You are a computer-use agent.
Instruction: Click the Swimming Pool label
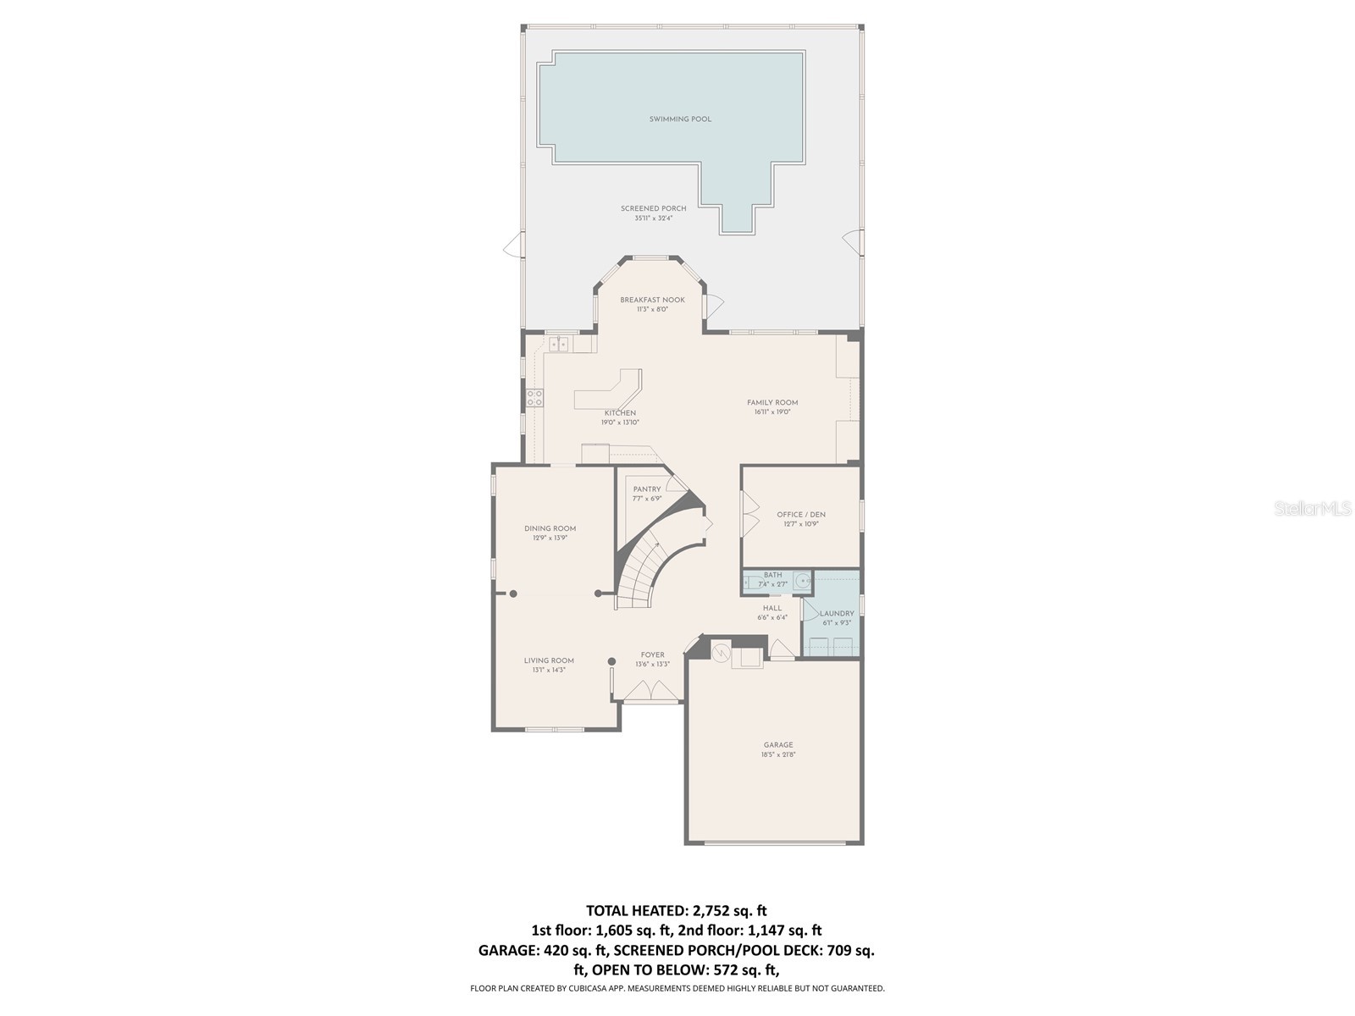tap(680, 119)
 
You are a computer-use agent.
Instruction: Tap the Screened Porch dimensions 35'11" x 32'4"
tap(654, 218)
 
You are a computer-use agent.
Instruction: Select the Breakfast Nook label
tap(652, 300)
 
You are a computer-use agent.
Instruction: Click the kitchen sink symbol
tap(558, 344)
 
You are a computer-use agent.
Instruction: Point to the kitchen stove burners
tap(535, 398)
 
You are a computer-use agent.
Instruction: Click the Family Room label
tap(772, 403)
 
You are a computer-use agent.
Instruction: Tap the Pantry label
tap(647, 489)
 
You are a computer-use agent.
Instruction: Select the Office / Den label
tap(800, 515)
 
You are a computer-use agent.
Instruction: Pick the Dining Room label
tap(550, 528)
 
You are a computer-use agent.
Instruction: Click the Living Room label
tap(549, 660)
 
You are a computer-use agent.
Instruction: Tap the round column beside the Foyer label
tap(611, 661)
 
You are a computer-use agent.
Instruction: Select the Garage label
tap(777, 745)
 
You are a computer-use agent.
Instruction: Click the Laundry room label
tap(837, 614)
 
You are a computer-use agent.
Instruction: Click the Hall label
tap(772, 608)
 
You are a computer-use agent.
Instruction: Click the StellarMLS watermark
tap(1312, 508)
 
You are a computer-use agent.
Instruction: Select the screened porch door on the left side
tap(513, 247)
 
